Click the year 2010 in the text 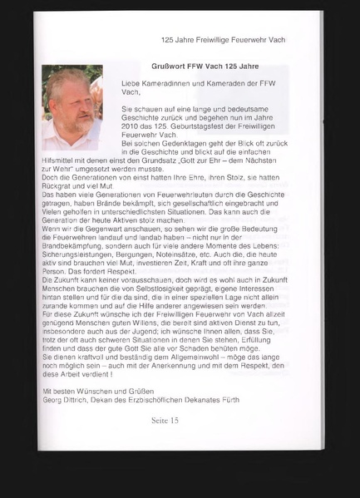tap(131, 126)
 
